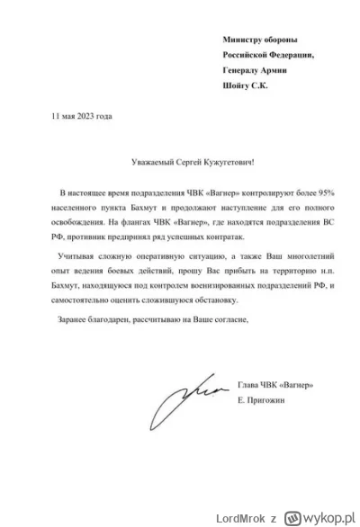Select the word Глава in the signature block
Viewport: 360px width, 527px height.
pyautogui.click(x=248, y=385)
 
